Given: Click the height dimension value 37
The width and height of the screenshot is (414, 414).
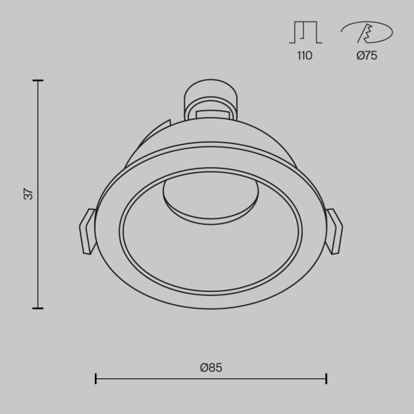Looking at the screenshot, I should tap(29, 193).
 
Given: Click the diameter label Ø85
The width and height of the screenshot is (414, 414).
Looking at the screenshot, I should tap(211, 368).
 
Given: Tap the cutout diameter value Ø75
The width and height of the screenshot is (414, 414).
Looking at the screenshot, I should tap(366, 56).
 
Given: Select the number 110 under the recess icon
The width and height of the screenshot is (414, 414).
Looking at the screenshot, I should tap(304, 56).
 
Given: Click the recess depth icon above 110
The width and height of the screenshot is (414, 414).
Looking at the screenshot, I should tap(304, 32).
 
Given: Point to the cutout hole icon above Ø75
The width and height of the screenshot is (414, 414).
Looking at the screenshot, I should tap(366, 33).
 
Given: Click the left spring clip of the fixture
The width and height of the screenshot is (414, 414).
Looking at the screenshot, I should tap(87, 231).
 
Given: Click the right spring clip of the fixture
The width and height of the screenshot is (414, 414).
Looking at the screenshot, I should tap(334, 231).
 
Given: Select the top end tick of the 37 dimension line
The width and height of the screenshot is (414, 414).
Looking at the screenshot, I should tap(38, 81).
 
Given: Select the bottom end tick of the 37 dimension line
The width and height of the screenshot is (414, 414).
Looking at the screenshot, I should tap(38, 308).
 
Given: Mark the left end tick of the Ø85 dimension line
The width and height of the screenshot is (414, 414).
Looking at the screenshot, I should tap(96, 378).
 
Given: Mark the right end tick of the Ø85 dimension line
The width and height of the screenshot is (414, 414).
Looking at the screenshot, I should tap(326, 378).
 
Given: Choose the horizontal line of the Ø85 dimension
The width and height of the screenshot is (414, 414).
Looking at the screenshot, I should tap(211, 378).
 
